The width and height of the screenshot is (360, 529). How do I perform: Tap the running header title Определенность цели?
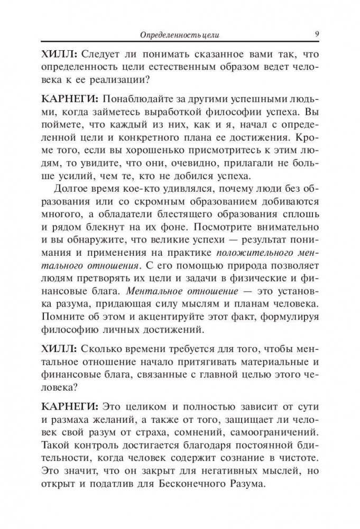(x=179, y=35)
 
